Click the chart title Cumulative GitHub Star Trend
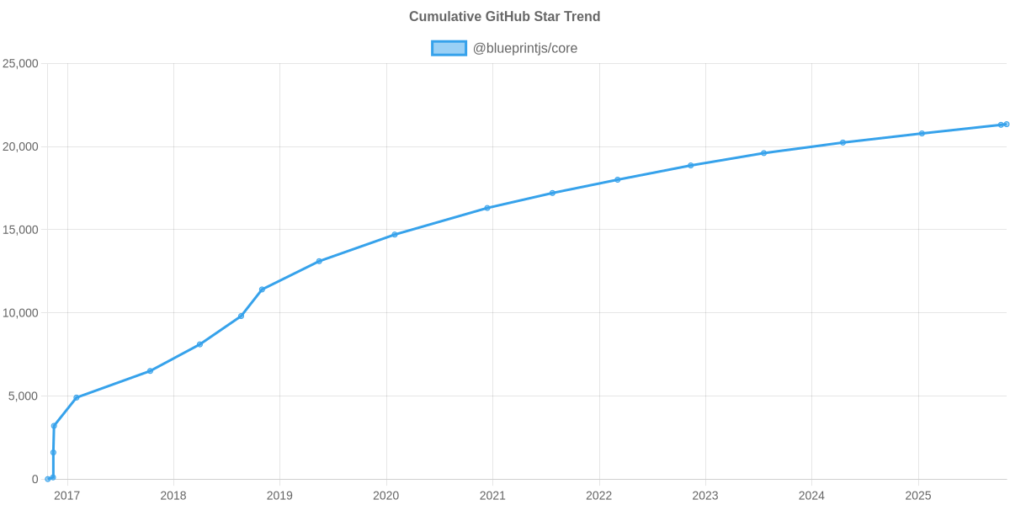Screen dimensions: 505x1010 coord(504,17)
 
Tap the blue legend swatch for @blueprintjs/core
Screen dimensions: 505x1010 coord(449,48)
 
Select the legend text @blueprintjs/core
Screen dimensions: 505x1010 coord(525,48)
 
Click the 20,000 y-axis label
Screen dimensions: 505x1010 coord(21,147)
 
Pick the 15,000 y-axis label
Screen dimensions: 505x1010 coord(21,230)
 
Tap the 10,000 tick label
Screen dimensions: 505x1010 coord(21,313)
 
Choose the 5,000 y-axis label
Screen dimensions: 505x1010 coord(24,396)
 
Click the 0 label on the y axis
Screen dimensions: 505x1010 coord(35,480)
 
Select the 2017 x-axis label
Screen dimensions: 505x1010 coord(66,496)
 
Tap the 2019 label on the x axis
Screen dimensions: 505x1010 coord(279,496)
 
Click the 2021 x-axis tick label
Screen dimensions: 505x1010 coord(492,496)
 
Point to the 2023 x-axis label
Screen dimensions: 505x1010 coord(704,496)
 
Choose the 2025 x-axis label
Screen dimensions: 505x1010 coord(917,496)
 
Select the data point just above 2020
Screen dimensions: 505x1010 coord(394,235)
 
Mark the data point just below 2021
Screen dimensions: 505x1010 coord(486,208)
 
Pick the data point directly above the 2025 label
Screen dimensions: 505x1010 coord(922,133)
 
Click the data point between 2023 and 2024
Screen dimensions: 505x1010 coord(763,153)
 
